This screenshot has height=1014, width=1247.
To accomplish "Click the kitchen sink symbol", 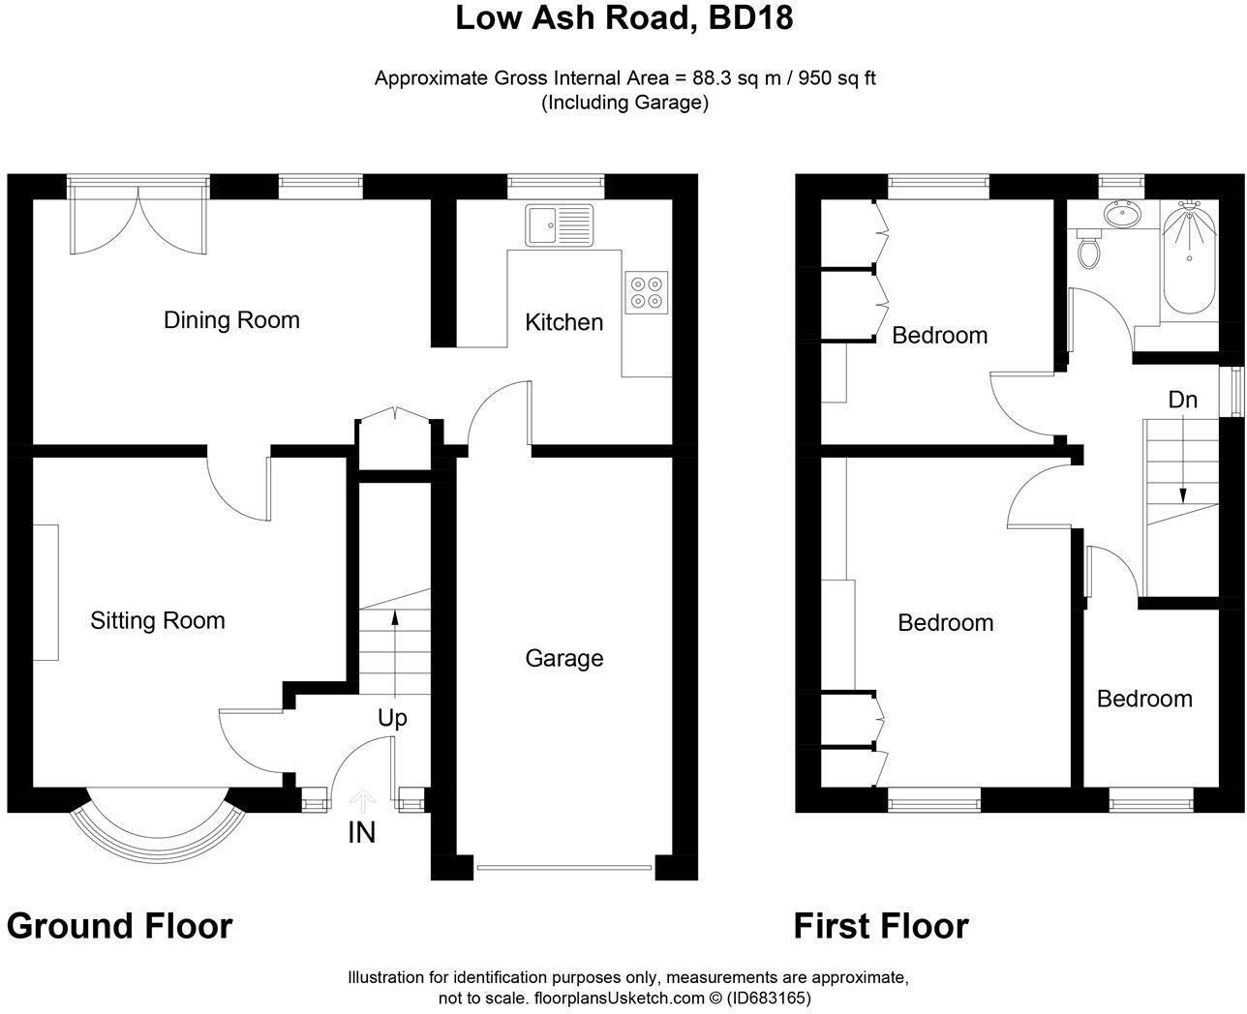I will [x=559, y=224].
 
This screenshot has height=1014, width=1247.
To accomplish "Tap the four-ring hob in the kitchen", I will [x=646, y=292].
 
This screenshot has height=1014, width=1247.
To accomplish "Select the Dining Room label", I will [x=231, y=320].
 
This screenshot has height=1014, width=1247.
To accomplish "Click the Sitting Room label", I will [x=158, y=620].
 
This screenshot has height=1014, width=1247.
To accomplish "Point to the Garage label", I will [x=563, y=658].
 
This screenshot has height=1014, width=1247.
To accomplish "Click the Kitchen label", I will [x=563, y=322].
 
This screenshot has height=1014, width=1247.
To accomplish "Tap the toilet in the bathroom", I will [x=1090, y=250].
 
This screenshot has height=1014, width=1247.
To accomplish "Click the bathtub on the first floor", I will [x=1188, y=258].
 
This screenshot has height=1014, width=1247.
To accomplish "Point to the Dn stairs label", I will [x=1182, y=399].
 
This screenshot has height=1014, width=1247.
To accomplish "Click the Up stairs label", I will [x=392, y=718].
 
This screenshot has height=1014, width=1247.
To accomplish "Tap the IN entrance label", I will [x=361, y=832].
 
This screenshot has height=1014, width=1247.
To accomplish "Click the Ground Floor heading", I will [x=119, y=926].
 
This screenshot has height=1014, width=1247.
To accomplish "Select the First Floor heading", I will [x=880, y=926].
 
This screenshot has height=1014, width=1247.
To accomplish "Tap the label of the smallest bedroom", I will [x=1143, y=699].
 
